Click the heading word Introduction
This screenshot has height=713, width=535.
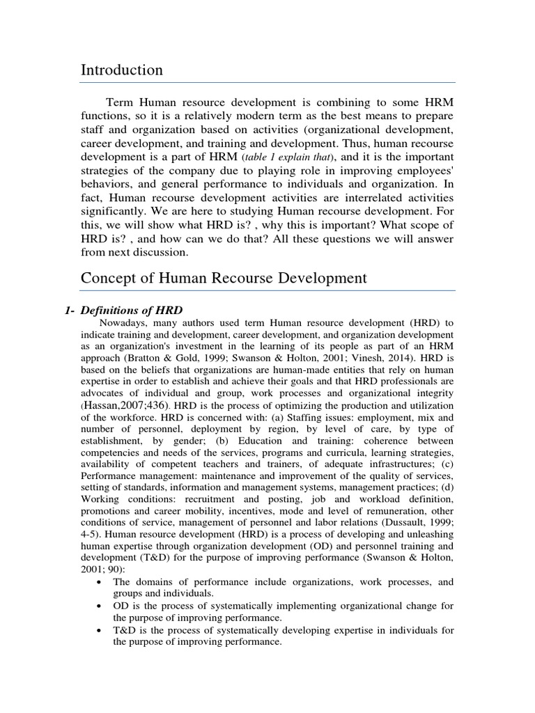pyautogui.click(x=122, y=70)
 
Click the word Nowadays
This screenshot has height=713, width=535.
pyautogui.click(x=123, y=323)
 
